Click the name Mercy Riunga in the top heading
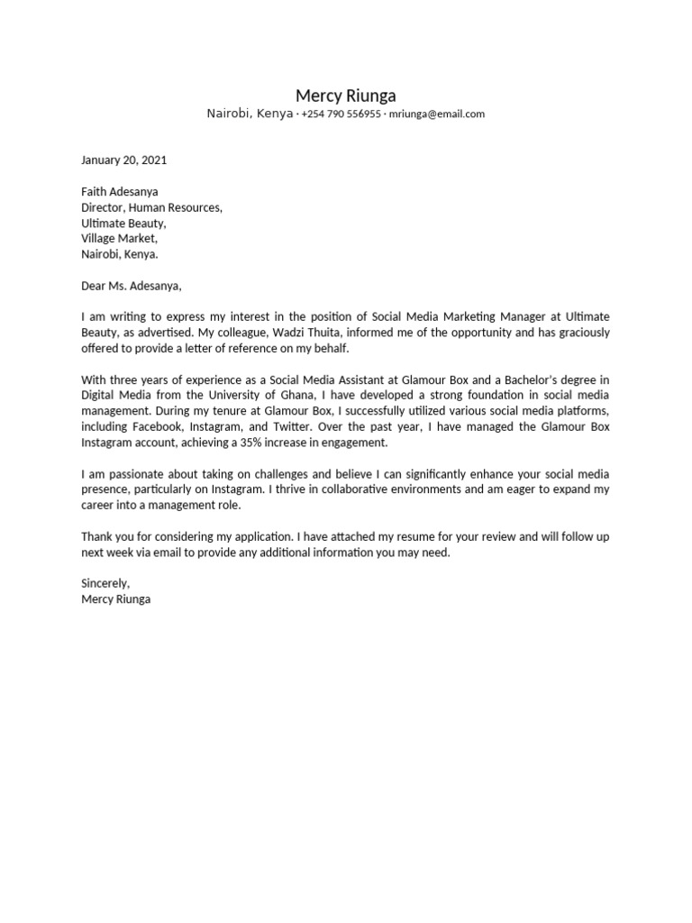point(346,96)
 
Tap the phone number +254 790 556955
point(341,114)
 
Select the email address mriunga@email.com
point(437,114)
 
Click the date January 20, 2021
point(123,160)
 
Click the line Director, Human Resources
point(151,207)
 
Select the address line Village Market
point(119,239)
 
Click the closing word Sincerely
point(105,583)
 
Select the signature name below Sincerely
point(116,599)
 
